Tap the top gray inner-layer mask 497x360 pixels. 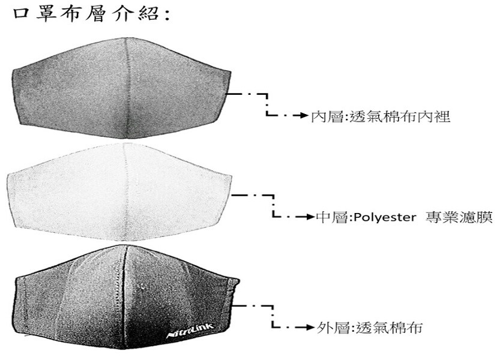pos(122,89)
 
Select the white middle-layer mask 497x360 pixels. pos(119,191)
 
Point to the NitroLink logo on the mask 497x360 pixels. pos(190,330)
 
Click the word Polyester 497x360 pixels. pos(385,217)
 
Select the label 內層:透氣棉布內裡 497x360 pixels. pos(381,116)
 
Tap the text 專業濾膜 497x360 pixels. pos(459,217)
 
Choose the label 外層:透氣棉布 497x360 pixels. pos(369,328)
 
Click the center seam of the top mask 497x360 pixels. pos(127,89)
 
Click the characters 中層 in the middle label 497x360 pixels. pos(332,217)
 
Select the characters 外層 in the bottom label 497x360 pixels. pos(333,328)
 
